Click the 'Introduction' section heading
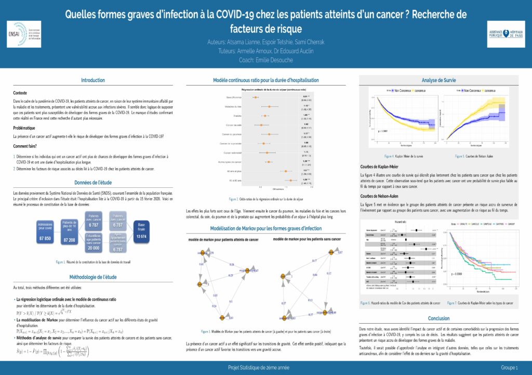(x=92, y=80)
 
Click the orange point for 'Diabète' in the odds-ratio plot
(x=265, y=116)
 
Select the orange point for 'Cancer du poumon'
(x=270, y=134)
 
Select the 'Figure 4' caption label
(x=389, y=156)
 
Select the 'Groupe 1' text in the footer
(x=510, y=368)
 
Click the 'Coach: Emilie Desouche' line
(x=265, y=60)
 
